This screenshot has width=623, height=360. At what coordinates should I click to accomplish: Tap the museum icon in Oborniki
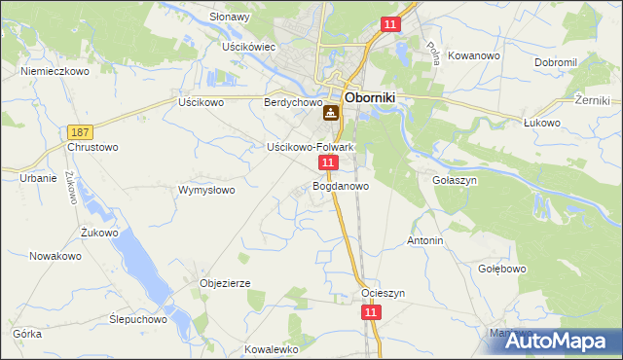332,114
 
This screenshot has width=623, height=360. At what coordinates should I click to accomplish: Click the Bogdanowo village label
341,185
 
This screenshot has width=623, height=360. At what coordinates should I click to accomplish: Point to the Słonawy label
231,18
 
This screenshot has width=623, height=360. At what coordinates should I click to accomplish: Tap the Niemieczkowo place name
55,71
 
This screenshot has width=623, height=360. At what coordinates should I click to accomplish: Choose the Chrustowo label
92,147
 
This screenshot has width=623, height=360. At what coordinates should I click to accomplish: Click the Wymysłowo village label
206,190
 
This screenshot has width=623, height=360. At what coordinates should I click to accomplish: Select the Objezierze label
226,283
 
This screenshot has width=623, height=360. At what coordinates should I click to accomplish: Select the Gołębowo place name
502,269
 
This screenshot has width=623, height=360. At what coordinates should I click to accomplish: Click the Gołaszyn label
453,180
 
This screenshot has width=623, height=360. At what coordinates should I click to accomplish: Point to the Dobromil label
556,62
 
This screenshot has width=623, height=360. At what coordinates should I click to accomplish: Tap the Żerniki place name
592,100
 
